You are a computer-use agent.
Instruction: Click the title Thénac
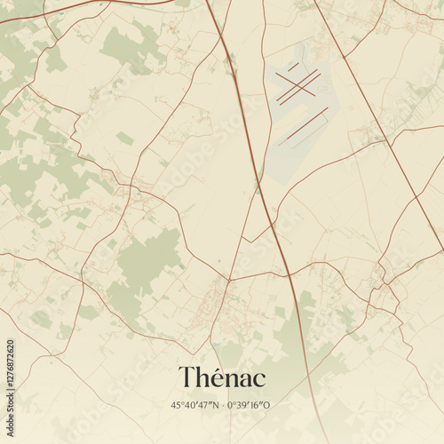coord(222,377)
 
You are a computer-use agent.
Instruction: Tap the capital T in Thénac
coord(187,377)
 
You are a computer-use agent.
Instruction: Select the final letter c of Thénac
coord(258,380)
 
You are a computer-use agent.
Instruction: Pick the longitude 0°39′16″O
coord(249,405)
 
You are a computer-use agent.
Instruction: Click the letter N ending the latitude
coord(216,405)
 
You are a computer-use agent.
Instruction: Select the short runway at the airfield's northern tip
coord(293,66)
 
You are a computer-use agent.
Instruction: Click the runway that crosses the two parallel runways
coord(297,87)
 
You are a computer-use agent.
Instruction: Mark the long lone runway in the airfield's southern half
coord(303,126)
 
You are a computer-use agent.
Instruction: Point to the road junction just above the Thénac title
coord(229,281)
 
